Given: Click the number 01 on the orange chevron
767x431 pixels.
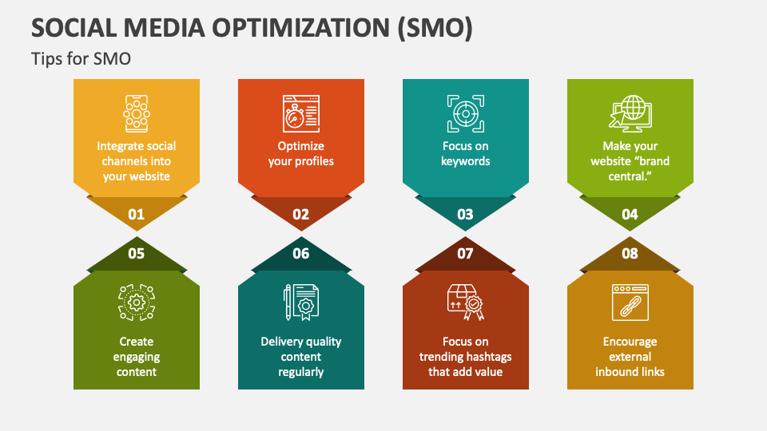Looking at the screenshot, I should point(136,214).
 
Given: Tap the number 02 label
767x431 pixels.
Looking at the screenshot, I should point(300,214).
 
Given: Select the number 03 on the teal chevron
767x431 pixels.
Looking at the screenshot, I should point(465,214).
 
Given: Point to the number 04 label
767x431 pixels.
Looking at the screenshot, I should point(630,214).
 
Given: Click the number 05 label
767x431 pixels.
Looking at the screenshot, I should point(136,254).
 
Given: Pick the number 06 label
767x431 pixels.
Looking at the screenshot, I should point(300,254).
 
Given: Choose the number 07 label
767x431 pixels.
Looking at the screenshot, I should point(465,254).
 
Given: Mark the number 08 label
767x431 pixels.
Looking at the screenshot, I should point(630,254).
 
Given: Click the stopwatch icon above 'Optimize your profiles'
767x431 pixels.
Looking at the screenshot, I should point(301,113).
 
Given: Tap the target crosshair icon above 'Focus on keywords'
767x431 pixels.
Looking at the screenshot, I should point(465,113).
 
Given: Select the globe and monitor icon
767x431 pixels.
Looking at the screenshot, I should point(630,113).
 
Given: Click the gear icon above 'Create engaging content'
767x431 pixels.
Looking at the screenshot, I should point(136,303).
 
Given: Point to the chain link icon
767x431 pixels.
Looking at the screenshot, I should point(630,303).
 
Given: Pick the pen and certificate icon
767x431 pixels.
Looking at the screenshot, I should point(301,303).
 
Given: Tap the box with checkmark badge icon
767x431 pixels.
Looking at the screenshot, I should point(465,303).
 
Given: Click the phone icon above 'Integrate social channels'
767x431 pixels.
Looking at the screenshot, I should point(136,113).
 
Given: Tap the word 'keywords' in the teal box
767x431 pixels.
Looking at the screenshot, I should point(465,161).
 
